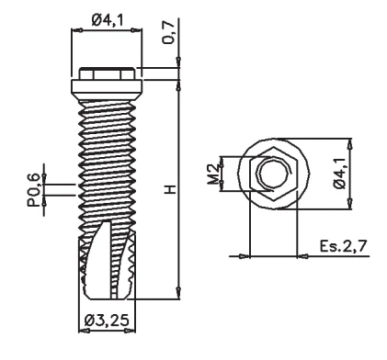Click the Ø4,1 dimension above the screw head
pos(107,20)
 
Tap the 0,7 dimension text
pos(169,31)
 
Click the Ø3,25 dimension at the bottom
pos(107,321)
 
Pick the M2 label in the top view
pos(213,175)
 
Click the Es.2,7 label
pos(343,246)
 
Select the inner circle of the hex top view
pos(274,174)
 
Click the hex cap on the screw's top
pos(107,73)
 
